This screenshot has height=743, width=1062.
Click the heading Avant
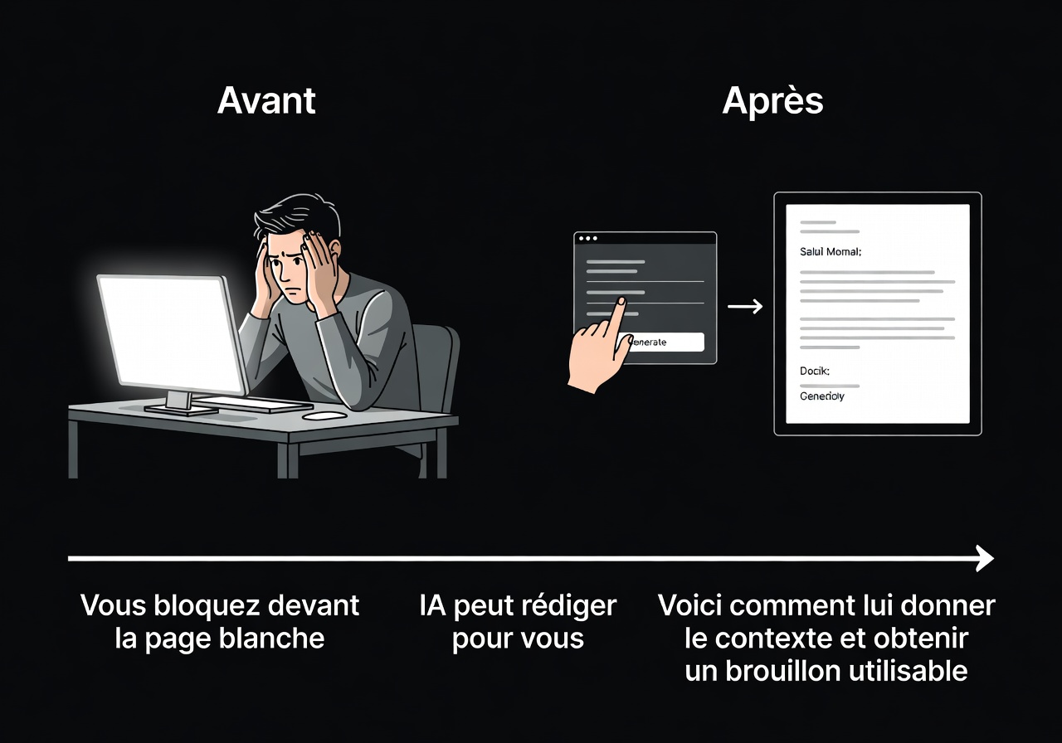(266, 100)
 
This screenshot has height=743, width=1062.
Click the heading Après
(772, 100)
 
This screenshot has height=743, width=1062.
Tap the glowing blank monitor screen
(170, 332)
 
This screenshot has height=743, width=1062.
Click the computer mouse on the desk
(324, 415)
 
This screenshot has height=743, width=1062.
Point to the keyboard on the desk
(249, 404)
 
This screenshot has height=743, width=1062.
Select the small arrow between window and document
(745, 308)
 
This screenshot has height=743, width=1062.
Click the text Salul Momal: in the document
(831, 251)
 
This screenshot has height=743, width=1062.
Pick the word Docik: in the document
(815, 371)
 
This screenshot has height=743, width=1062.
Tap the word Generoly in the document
(822, 396)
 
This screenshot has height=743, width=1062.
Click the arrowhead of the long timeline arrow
(986, 558)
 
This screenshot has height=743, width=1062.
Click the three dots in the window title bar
(588, 239)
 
